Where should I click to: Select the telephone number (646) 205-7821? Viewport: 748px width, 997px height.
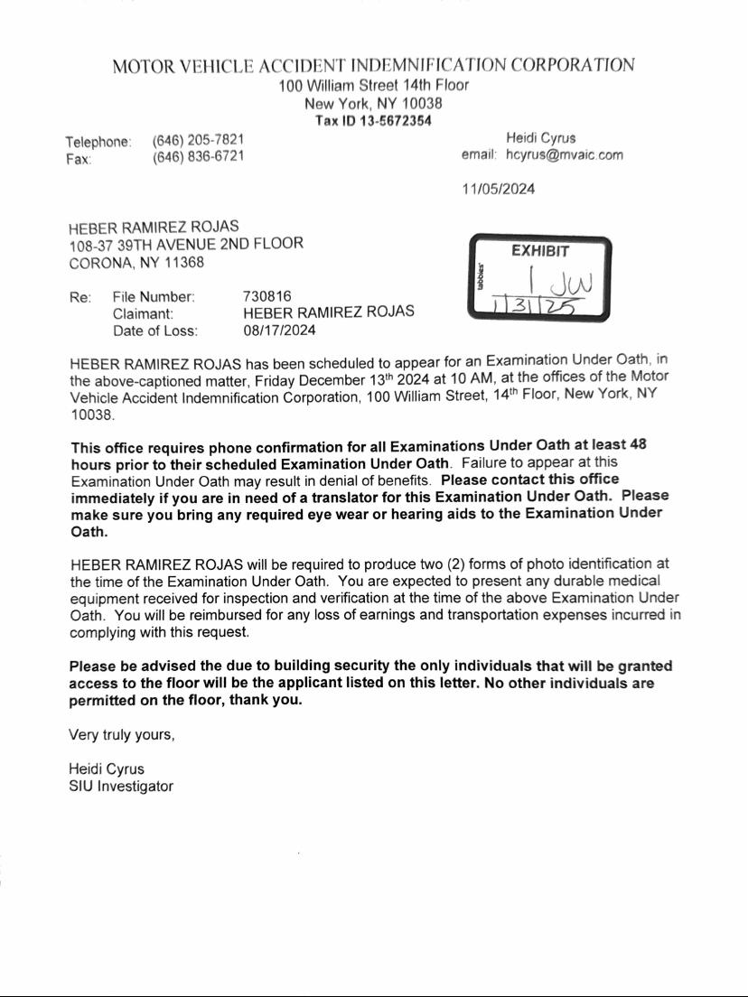click(198, 140)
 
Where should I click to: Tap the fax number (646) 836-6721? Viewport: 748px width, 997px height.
click(198, 157)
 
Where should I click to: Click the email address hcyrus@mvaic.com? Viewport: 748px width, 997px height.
click(564, 155)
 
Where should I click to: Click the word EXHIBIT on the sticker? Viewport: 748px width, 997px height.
click(540, 251)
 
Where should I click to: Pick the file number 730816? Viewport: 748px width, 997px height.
click(267, 296)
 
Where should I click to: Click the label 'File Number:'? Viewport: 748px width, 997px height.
click(154, 296)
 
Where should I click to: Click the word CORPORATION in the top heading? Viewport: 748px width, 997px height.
click(572, 66)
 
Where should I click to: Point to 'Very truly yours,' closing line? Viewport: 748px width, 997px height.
click(122, 735)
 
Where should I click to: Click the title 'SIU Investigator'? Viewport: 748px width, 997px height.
click(121, 787)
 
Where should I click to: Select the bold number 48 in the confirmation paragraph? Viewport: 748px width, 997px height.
click(638, 445)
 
